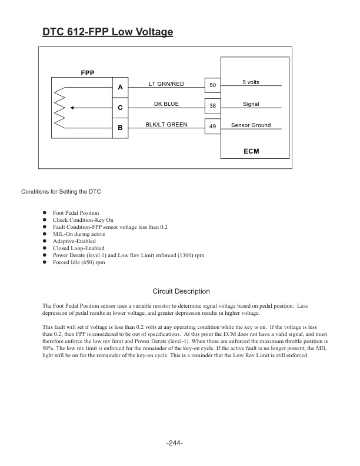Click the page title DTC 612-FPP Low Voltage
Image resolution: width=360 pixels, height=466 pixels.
(x=108, y=32)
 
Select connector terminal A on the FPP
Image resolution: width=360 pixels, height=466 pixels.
(x=120, y=86)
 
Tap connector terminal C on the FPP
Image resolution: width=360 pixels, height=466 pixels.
(x=120, y=108)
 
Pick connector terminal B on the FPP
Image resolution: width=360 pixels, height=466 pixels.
(x=120, y=128)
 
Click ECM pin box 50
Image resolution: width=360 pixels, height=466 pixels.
(x=212, y=86)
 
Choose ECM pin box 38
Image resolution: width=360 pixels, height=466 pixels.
(x=212, y=106)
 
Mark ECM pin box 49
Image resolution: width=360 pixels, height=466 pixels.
(x=212, y=127)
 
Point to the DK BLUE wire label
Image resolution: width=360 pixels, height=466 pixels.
(x=166, y=104)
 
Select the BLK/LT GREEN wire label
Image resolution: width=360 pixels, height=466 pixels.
(x=166, y=125)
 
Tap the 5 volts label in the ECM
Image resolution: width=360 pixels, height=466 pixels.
(x=251, y=82)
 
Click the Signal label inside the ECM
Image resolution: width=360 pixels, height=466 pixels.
(x=251, y=104)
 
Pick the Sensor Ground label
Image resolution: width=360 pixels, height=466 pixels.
(x=251, y=125)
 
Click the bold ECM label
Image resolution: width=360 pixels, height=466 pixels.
(x=251, y=151)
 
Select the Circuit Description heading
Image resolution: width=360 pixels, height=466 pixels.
(x=181, y=291)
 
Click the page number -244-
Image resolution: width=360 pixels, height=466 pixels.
(x=175, y=442)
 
